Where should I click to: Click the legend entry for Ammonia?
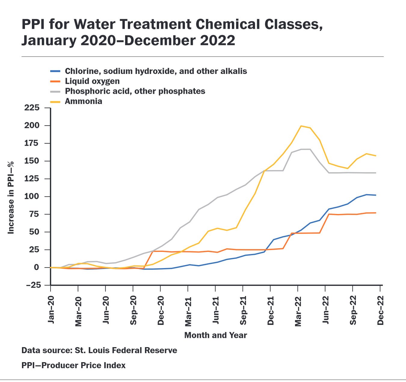point(83,101)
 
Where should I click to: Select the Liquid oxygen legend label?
point(92,81)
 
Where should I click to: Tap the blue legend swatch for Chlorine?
point(55,71)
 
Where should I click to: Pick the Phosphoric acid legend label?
point(135,91)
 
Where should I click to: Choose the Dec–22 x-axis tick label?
point(381,310)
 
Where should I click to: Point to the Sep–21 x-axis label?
point(243,310)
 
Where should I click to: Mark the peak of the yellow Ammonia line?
point(301,126)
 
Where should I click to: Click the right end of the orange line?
point(376,213)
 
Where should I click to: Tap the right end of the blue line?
point(376,195)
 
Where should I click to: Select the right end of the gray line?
point(376,173)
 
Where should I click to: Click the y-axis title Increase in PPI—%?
point(11,198)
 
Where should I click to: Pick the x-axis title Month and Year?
point(216,335)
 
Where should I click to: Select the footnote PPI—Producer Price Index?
point(73,365)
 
